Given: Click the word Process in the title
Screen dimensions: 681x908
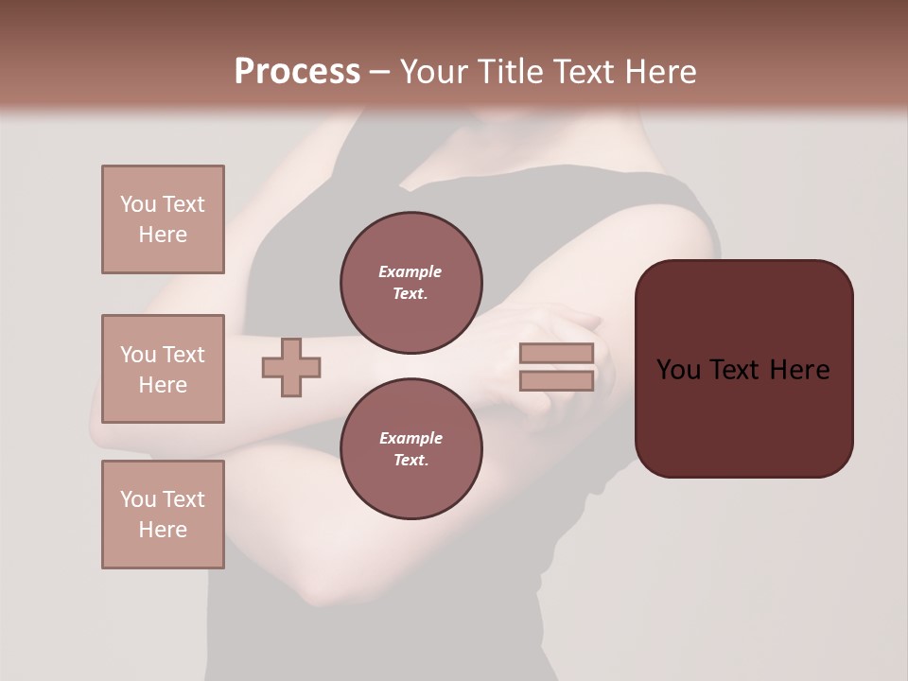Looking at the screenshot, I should click(297, 72).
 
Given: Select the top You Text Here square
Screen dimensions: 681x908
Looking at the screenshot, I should click(163, 219).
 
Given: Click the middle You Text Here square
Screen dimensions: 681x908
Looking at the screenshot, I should click(163, 369).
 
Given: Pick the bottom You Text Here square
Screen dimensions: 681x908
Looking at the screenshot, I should click(163, 515).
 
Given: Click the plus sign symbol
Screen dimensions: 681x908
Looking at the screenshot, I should click(291, 367).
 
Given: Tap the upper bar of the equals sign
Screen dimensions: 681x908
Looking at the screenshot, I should click(556, 353).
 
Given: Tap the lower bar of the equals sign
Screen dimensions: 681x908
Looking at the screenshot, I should click(556, 381).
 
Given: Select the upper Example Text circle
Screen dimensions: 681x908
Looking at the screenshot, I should click(410, 283).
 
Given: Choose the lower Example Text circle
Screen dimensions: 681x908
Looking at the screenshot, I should click(410, 449).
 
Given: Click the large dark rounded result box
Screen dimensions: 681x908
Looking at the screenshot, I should click(743, 369).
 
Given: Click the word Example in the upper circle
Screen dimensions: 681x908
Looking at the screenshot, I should click(410, 271).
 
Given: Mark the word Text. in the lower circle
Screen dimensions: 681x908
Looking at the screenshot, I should click(410, 461).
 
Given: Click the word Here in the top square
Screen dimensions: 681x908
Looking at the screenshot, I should click(163, 235).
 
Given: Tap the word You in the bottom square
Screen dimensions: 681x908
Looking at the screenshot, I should click(138, 499).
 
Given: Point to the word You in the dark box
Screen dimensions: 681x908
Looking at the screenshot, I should click(679, 370).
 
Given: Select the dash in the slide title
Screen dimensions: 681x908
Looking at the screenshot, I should click(380, 72).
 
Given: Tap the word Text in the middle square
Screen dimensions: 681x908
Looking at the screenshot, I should click(183, 355).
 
